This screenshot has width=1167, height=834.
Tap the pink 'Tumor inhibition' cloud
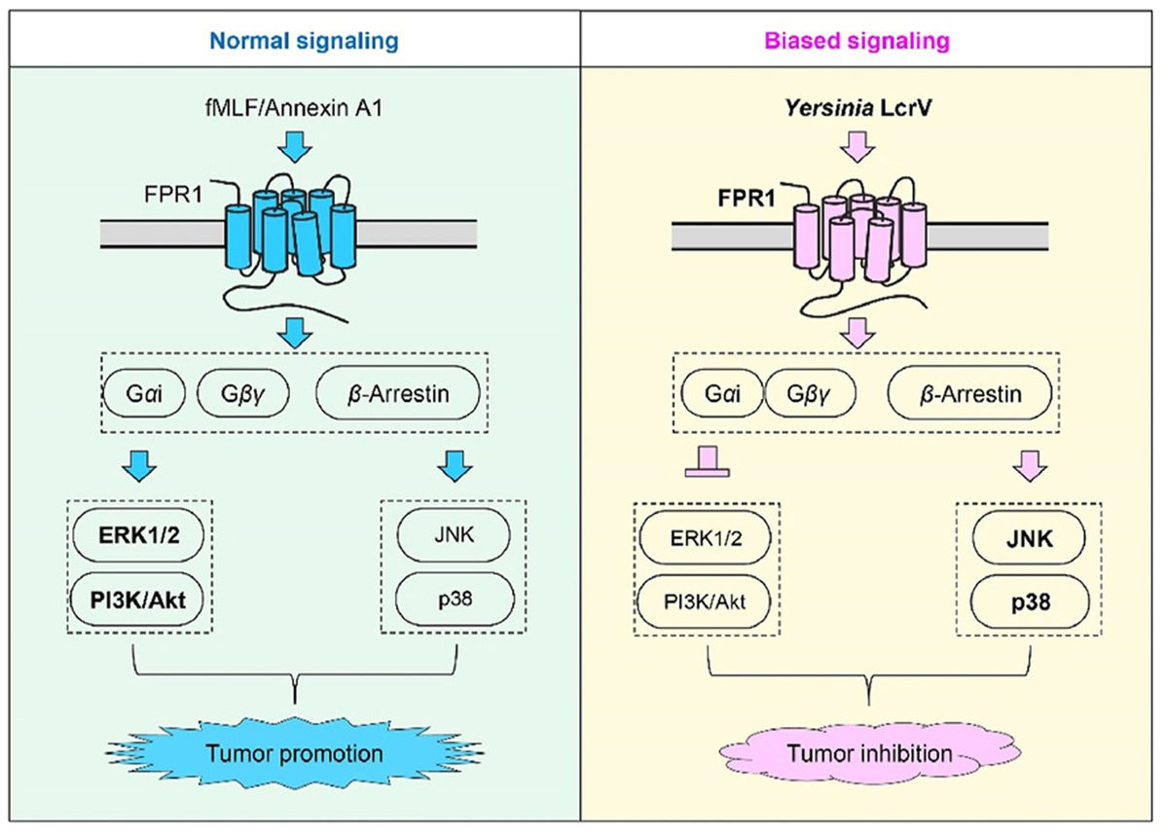click(x=861, y=754)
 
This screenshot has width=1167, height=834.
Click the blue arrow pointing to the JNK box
click(x=455, y=464)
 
